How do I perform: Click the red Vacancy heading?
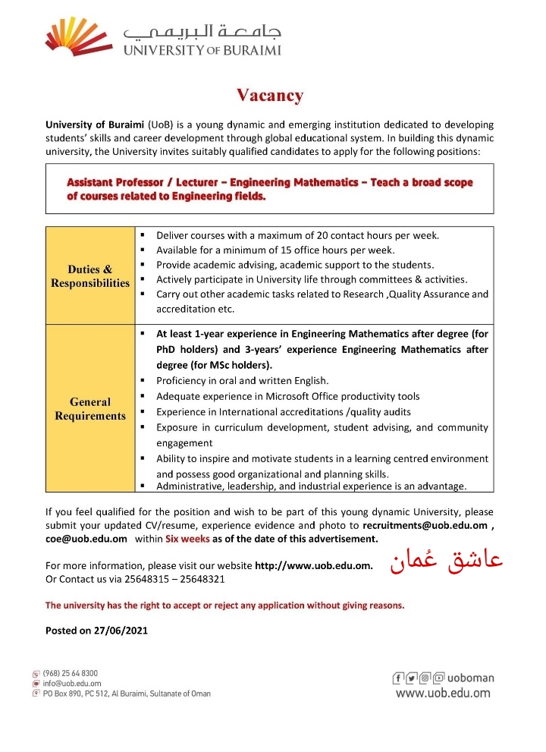pyautogui.click(x=269, y=96)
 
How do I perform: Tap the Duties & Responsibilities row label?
pyautogui.click(x=90, y=276)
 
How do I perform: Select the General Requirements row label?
pyautogui.click(x=90, y=408)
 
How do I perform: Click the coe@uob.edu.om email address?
pyautogui.click(x=86, y=539)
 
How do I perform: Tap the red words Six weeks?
pyautogui.click(x=187, y=539)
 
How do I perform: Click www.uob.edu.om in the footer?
pyautogui.click(x=443, y=693)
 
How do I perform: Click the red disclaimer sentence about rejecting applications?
pyautogui.click(x=224, y=605)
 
